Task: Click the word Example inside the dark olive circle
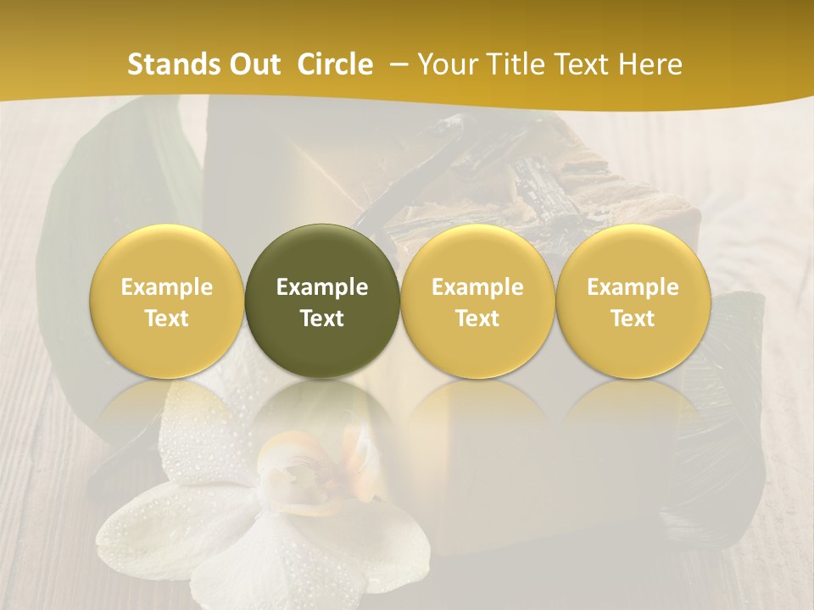pyautogui.click(x=322, y=287)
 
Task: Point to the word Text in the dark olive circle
pyautogui.click(x=322, y=319)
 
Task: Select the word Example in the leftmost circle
pyautogui.click(x=167, y=287)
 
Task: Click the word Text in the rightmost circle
pyautogui.click(x=633, y=319)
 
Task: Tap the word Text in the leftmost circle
pyautogui.click(x=167, y=319)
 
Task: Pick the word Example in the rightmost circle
pyautogui.click(x=633, y=287)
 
